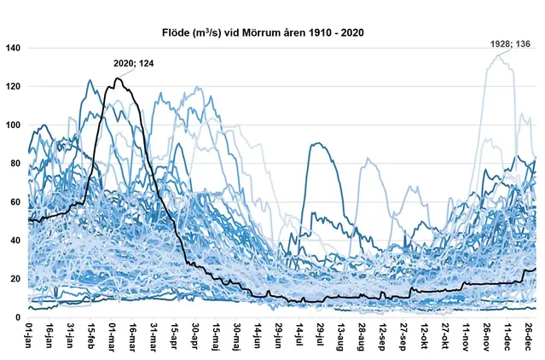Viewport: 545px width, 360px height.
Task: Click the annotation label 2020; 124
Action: coord(134,62)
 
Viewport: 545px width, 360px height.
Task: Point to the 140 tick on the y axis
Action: coord(13,48)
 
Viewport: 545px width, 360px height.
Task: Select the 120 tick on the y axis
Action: coord(13,86)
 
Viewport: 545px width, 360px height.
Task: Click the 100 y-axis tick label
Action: coord(13,125)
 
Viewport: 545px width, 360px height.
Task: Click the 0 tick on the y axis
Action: coord(18,317)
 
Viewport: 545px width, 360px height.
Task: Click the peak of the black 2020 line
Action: coord(117,78)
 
